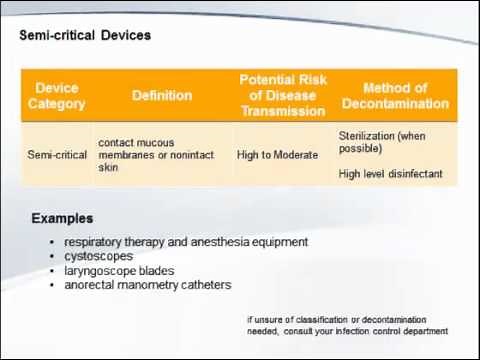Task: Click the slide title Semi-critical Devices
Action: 85,35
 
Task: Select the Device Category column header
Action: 56,96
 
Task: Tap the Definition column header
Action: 162,96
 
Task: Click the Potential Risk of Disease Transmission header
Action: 283,95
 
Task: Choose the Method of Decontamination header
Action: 395,96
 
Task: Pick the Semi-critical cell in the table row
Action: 57,155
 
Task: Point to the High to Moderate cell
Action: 277,155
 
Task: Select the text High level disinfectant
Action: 390,174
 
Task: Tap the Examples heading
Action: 62,218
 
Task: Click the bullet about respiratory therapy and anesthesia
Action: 186,242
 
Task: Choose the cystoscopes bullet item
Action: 98,256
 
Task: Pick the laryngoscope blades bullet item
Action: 119,270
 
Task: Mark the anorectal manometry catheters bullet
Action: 148,285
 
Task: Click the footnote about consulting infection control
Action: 347,326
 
